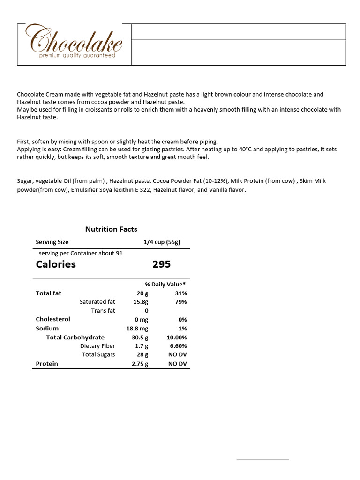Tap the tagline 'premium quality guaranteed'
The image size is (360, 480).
[x=77, y=55]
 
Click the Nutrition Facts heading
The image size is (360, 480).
[x=111, y=229]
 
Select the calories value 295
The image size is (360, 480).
[x=162, y=264]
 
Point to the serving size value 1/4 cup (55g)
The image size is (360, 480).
[x=162, y=242]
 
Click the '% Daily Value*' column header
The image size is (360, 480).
[x=165, y=284]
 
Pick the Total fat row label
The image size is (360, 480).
[x=48, y=293]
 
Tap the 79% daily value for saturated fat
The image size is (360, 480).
[x=180, y=302]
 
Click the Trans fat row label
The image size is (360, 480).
[x=103, y=311]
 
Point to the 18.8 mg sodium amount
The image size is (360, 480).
[x=137, y=329]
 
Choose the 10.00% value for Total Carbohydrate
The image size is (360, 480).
[x=177, y=337]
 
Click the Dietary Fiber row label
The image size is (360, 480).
[x=97, y=346]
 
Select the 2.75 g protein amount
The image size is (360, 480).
[x=140, y=364]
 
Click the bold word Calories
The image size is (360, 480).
[x=56, y=264]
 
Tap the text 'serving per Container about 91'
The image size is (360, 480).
[x=81, y=253]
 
